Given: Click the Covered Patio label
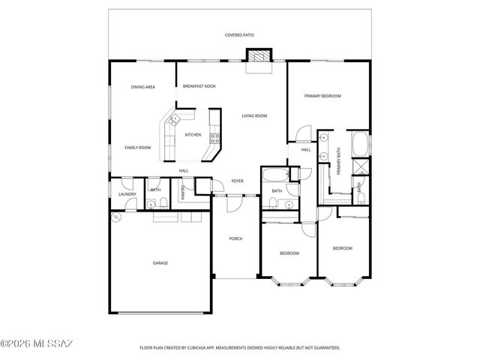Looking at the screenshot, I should tap(239, 35).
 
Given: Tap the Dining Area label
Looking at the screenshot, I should tap(142, 88).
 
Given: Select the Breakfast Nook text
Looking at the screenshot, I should tap(199, 87).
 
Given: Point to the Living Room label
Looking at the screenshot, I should tap(254, 116).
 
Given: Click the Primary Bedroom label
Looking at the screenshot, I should tap(322, 96).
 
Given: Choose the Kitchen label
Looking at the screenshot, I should tap(193, 135).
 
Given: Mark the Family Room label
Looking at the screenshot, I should tap(137, 148).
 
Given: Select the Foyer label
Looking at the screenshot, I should tap(237, 181).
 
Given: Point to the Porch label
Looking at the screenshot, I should tap(235, 238).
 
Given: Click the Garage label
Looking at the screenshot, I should tap(160, 263).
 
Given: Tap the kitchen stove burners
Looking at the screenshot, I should tap(214, 136).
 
